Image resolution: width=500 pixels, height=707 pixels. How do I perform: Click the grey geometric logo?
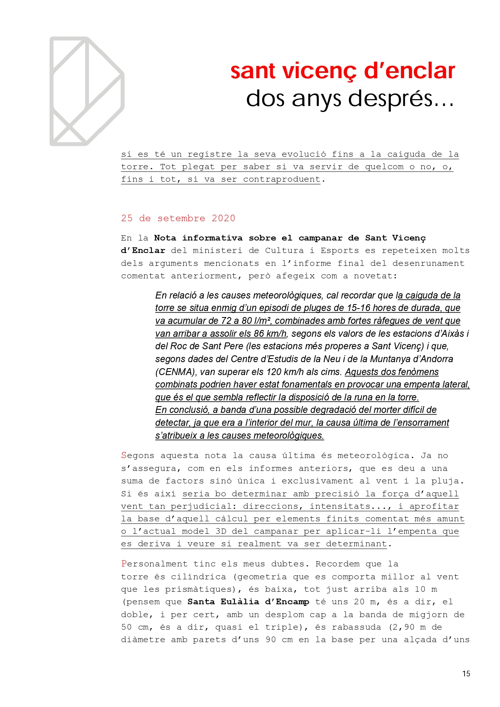[x=87, y=91]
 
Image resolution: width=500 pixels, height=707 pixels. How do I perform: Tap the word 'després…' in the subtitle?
[x=403, y=99]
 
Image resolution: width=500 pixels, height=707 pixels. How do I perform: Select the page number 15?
[x=466, y=674]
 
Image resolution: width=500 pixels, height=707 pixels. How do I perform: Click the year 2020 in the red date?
[x=223, y=218]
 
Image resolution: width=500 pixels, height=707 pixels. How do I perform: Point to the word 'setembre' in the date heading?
[x=181, y=218]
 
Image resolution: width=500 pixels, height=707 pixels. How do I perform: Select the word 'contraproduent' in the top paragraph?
[x=282, y=179]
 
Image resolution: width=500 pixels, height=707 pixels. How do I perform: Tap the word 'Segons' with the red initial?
[x=137, y=456]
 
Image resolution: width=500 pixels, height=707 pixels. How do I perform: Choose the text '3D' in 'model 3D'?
[x=221, y=531]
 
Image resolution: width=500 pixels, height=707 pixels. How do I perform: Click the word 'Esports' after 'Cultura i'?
[x=340, y=251]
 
